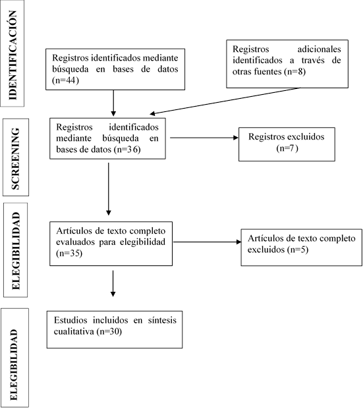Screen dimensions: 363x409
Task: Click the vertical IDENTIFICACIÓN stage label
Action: (x=13, y=55)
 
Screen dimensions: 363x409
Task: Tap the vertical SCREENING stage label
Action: (x=15, y=159)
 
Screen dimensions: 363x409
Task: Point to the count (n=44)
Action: (x=65, y=80)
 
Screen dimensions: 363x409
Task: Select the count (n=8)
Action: (x=295, y=72)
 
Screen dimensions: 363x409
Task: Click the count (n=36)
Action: (x=127, y=150)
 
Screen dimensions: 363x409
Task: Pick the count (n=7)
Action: (x=287, y=148)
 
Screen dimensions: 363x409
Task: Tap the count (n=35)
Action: (x=69, y=254)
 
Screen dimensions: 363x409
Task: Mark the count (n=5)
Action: (x=298, y=250)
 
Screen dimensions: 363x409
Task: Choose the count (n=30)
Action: (x=109, y=331)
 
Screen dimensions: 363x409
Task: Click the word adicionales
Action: (x=319, y=49)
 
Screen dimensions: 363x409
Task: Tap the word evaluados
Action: (x=75, y=242)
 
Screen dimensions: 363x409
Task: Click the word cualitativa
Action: (x=74, y=331)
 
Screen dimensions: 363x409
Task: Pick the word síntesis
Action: (x=162, y=320)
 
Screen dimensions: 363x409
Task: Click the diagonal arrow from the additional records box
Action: (x=225, y=101)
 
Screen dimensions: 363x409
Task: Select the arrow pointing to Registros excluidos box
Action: (x=204, y=138)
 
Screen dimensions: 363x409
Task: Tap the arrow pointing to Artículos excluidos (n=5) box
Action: (x=208, y=242)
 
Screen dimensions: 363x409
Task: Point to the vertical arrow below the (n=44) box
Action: (x=113, y=103)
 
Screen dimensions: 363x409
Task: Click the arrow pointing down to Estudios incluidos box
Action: (x=113, y=284)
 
